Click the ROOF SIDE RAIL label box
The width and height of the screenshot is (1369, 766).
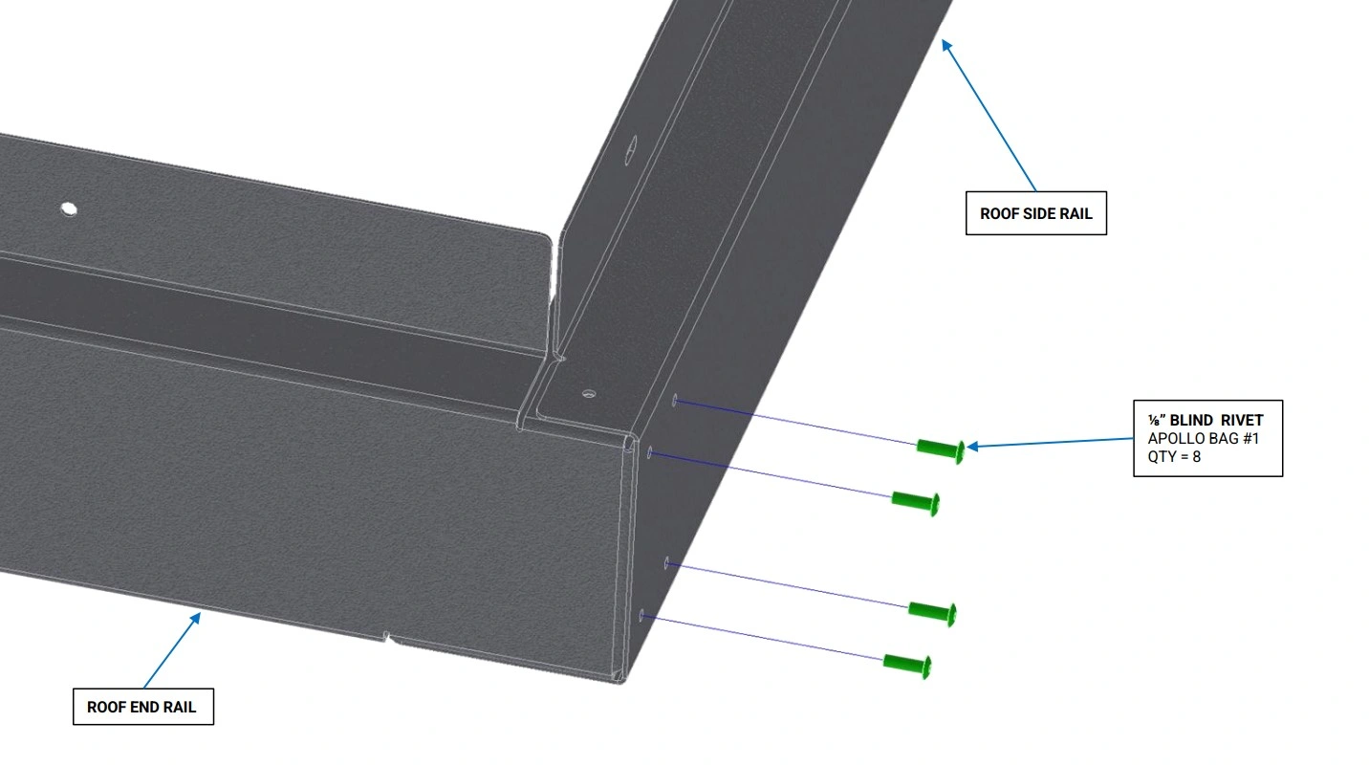tap(1036, 212)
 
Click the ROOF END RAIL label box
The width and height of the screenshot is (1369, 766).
tap(143, 707)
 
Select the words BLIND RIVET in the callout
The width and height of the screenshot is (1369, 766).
tap(1216, 421)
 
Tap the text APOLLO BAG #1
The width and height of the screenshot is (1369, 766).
tap(1203, 438)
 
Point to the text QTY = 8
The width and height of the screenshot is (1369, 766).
tap(1174, 457)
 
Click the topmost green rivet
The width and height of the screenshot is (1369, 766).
tap(941, 449)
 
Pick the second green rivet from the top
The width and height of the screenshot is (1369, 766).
tap(916, 502)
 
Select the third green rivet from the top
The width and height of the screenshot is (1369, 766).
tap(933, 613)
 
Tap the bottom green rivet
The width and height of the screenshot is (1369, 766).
tap(907, 666)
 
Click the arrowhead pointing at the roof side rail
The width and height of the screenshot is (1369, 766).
tap(946, 45)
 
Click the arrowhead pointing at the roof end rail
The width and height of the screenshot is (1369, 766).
tap(196, 618)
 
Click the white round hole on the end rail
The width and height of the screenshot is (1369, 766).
tap(69, 209)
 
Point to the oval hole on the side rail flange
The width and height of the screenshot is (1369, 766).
tap(631, 149)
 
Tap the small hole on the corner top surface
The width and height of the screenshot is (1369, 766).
tap(589, 394)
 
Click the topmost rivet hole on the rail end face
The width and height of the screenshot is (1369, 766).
tap(675, 401)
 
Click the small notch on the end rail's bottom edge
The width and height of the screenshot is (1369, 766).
tap(386, 637)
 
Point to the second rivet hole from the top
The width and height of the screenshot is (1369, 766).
tap(650, 452)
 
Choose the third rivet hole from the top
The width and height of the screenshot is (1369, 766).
tap(666, 563)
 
